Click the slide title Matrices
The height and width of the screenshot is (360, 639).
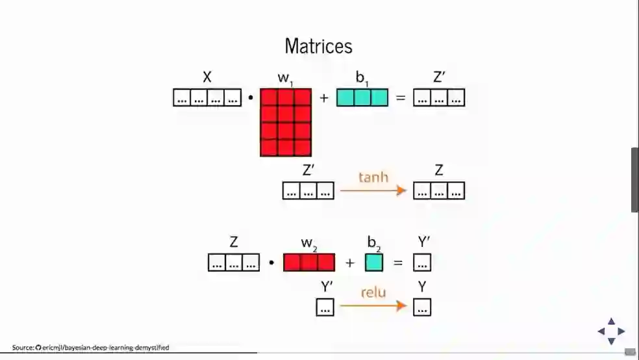(x=318, y=46)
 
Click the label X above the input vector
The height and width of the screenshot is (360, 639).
(x=207, y=77)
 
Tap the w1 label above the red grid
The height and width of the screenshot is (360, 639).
(x=286, y=78)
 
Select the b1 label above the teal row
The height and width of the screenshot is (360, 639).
(x=362, y=77)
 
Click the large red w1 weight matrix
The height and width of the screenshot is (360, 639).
(x=286, y=122)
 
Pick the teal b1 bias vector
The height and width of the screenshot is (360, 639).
(x=362, y=97)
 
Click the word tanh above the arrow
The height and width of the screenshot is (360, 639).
(x=373, y=177)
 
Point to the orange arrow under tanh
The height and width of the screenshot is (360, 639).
(x=373, y=190)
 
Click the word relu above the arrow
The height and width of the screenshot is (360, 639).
(x=373, y=292)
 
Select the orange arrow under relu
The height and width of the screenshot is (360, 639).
(x=373, y=305)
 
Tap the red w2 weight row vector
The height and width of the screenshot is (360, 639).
(x=309, y=263)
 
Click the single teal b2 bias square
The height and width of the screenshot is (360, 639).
(x=373, y=263)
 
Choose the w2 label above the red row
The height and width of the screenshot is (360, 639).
(x=309, y=243)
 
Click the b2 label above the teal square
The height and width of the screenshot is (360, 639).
(x=373, y=243)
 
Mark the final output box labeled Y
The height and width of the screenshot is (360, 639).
(x=422, y=307)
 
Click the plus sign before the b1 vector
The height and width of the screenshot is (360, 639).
(x=324, y=98)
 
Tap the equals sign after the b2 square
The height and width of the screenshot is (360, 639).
(x=398, y=263)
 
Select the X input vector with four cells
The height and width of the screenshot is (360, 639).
(x=207, y=97)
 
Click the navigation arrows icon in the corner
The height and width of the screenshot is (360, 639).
(x=611, y=331)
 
